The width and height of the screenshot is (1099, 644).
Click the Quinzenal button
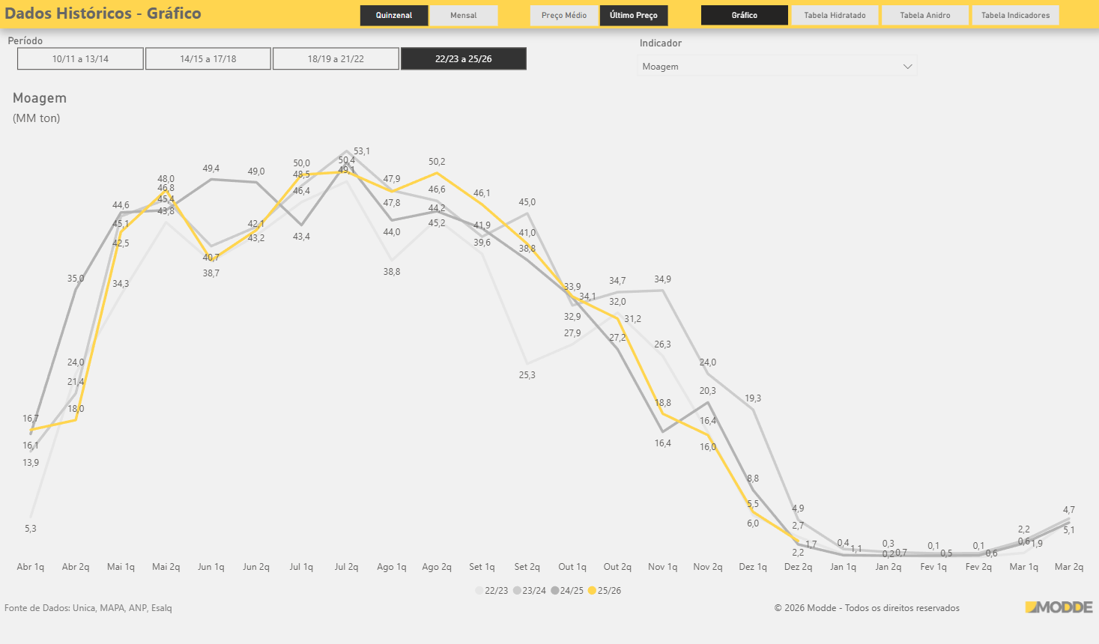[x=394, y=15]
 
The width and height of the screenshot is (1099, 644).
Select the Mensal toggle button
[x=463, y=15]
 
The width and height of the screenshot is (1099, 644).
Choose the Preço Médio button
[x=564, y=15]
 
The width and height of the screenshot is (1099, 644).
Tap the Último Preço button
[x=633, y=15]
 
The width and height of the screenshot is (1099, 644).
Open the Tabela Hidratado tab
[x=835, y=15]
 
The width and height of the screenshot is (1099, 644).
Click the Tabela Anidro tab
[x=924, y=15]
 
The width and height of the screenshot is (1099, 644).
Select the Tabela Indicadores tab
[x=1015, y=15]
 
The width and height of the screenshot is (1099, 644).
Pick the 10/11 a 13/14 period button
[x=80, y=58]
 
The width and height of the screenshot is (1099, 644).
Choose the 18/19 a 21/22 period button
[x=336, y=58]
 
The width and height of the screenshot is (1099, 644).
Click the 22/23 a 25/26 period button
[x=464, y=58]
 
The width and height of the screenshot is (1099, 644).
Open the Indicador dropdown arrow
[x=907, y=67]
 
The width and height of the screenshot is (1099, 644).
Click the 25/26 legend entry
[x=605, y=591]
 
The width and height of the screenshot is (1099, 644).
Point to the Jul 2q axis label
[x=346, y=567]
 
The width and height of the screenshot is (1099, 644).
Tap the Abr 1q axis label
[x=31, y=567]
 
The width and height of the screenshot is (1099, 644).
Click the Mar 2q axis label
[x=1068, y=567]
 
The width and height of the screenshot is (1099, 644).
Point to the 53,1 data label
[x=362, y=151]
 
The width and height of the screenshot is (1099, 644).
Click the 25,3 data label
[x=527, y=375]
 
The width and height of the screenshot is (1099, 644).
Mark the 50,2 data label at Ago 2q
[x=437, y=162]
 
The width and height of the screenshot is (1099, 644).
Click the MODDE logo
[x=1059, y=607]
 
